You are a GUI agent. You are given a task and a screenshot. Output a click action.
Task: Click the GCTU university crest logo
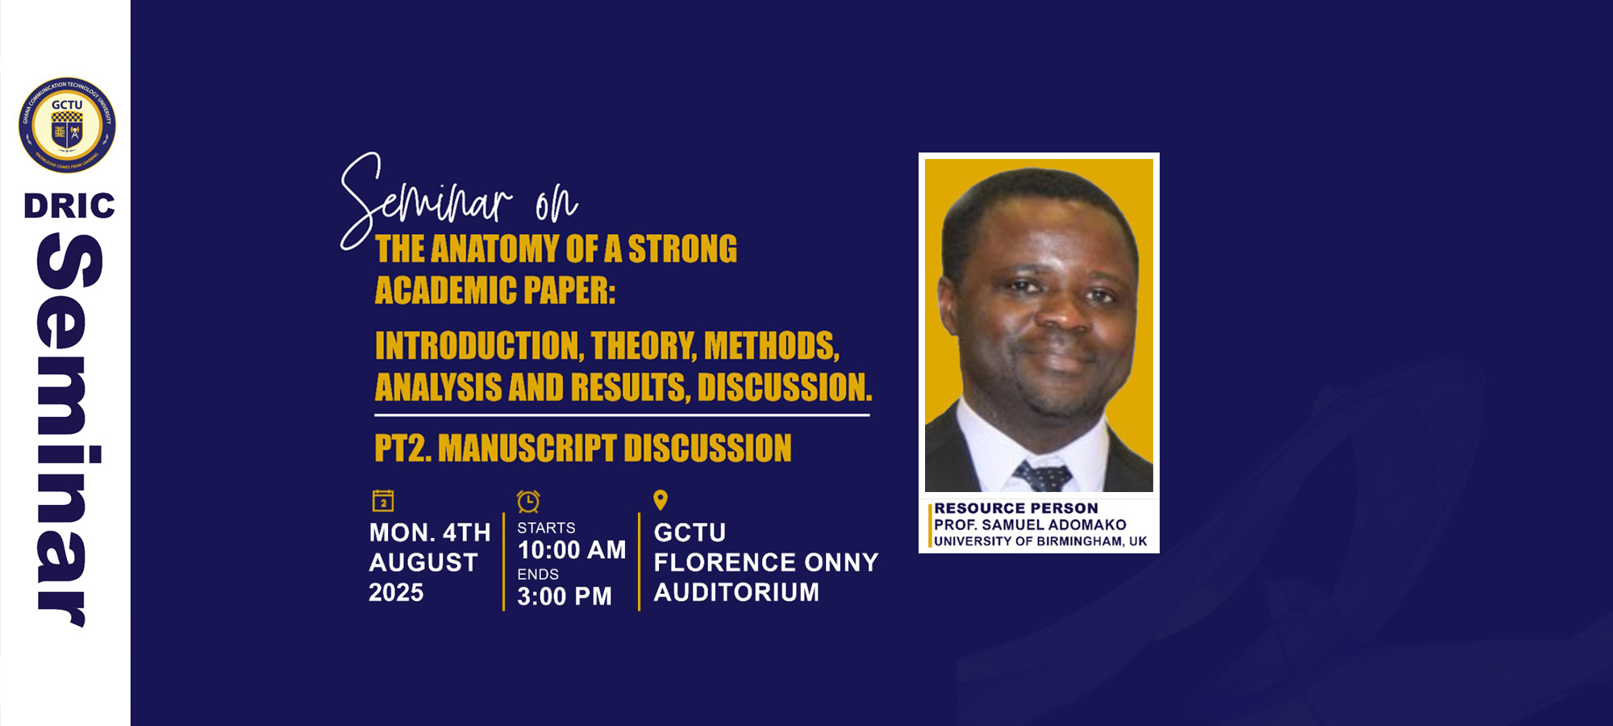point(67,125)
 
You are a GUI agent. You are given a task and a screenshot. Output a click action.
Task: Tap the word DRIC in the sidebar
point(69,206)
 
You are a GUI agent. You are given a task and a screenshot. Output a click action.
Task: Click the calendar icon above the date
point(383,501)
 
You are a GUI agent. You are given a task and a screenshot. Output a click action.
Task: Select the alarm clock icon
point(528,501)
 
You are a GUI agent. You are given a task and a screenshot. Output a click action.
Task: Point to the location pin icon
point(661,500)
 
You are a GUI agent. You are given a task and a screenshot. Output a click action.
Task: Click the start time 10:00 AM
point(572,550)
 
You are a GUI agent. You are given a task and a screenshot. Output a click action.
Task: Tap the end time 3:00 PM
point(565,596)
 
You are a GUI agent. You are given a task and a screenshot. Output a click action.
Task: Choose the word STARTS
point(546,528)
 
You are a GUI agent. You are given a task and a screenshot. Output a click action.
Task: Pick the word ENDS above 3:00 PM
point(538,574)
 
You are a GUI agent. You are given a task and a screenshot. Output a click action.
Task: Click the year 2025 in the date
point(396,592)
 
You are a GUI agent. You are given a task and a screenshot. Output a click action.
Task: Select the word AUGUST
point(423,562)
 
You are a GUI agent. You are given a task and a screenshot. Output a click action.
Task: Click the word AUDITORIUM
point(736,592)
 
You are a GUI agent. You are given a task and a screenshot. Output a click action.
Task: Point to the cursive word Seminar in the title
point(427,198)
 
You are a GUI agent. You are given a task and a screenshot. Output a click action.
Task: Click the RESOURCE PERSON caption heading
point(1016,508)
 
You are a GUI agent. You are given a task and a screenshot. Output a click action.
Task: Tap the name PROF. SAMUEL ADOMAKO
point(1030,525)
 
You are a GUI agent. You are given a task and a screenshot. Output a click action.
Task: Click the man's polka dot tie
point(1044,476)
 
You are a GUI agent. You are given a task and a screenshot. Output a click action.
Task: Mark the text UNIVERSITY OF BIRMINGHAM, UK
point(1040,541)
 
